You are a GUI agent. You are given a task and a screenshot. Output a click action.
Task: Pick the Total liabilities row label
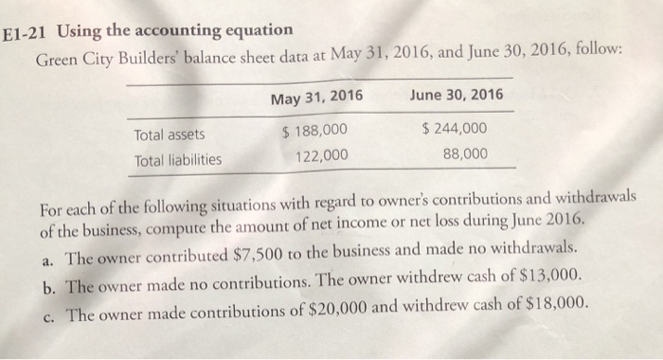178,159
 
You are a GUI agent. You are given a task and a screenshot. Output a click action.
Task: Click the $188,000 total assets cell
315,131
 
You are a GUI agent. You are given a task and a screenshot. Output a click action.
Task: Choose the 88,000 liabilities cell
464,153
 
